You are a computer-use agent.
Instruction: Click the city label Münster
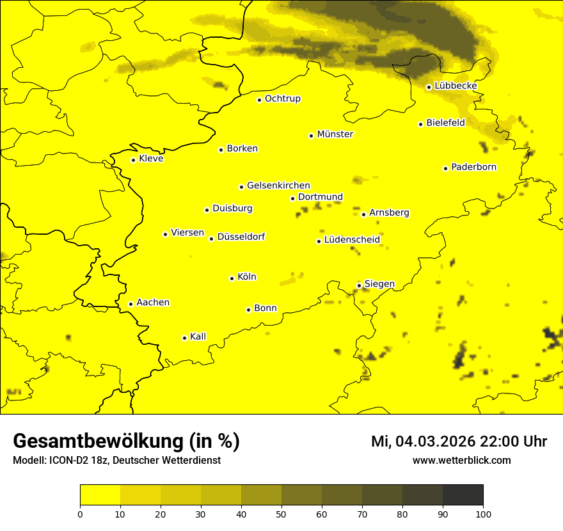(x=335, y=134)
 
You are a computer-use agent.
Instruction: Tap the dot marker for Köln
(x=232, y=278)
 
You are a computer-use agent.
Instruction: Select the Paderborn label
(x=474, y=167)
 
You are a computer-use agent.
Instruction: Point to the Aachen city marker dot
(x=131, y=304)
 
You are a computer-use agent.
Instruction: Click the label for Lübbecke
(x=456, y=86)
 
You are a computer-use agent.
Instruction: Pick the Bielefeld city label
(x=445, y=123)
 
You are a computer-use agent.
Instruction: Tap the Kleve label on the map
(x=151, y=159)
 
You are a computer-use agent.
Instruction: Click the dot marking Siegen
(x=359, y=285)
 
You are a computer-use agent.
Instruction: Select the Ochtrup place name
(x=283, y=99)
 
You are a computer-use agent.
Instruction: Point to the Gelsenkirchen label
(x=278, y=186)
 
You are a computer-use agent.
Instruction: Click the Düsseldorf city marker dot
(x=211, y=239)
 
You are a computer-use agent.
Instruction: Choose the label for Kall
(x=198, y=337)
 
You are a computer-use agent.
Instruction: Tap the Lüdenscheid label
(x=352, y=240)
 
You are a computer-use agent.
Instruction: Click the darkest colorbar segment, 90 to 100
(x=463, y=495)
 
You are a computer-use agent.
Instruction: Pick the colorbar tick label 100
(x=483, y=513)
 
